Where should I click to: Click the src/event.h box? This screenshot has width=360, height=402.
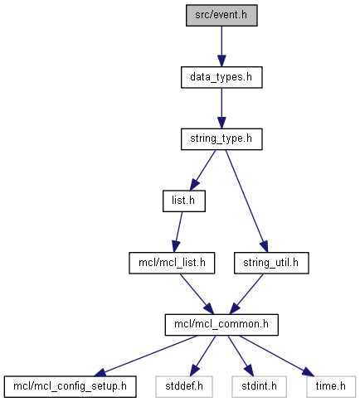tap(221, 16)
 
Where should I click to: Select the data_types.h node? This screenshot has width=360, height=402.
tap(221, 77)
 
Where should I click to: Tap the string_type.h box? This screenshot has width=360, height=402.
tap(221, 139)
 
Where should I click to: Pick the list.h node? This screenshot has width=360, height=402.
tap(184, 201)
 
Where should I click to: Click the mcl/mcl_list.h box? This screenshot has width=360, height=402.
tap(172, 263)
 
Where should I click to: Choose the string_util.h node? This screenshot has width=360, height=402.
tap(271, 263)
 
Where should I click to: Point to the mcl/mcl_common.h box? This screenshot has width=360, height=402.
tap(221, 325)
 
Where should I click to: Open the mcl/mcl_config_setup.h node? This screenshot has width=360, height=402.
tap(71, 387)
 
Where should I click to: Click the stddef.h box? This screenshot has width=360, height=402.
tap(184, 387)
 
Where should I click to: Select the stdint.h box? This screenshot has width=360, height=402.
tap(259, 387)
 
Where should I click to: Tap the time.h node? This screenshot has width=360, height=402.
tap(331, 387)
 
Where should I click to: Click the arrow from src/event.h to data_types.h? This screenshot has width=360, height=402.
tap(221, 46)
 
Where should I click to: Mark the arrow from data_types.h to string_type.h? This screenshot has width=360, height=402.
tap(221, 109)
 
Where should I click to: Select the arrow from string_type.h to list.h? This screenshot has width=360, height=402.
tap(202, 170)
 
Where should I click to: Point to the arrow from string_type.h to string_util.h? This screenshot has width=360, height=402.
tap(246, 201)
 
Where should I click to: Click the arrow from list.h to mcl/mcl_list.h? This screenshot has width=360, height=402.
tap(178, 232)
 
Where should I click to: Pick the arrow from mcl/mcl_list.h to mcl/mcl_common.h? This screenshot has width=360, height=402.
tap(197, 294)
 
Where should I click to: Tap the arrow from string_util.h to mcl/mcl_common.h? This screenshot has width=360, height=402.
tap(246, 294)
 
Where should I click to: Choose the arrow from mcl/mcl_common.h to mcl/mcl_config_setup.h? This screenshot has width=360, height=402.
tap(146, 356)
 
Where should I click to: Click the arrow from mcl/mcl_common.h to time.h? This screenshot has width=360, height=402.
tap(277, 356)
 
